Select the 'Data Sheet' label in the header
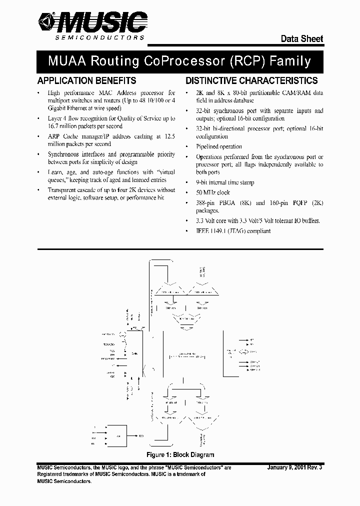301,39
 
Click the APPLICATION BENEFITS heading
86,80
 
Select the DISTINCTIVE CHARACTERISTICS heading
251,80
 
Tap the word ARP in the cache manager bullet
53,136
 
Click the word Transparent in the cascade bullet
62,190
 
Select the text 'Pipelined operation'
219,147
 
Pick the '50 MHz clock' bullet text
212,192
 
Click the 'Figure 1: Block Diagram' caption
180,454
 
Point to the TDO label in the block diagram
141,436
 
